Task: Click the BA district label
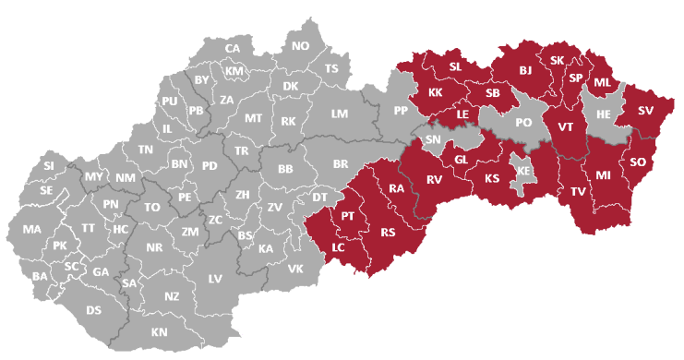[40, 276]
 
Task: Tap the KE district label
[523, 172]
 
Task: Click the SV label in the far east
[645, 111]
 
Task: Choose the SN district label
[432, 139]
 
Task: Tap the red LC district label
[339, 247]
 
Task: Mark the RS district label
[388, 233]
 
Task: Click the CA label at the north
[233, 48]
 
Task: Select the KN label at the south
[160, 331]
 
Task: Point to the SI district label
[49, 165]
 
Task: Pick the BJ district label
[525, 70]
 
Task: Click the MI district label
[604, 174]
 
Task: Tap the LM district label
[339, 114]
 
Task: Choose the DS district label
[93, 310]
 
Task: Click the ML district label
[602, 82]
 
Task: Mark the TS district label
[331, 69]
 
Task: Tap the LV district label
[215, 278]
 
